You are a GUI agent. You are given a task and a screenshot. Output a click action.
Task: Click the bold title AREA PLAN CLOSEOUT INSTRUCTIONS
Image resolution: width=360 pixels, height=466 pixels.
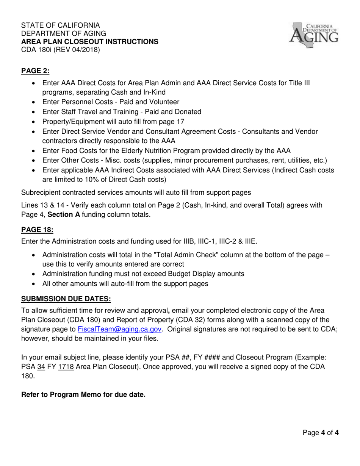pos(90,41)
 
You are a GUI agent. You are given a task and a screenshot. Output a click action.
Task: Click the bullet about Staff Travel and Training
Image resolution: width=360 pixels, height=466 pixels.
pos(122,112)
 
